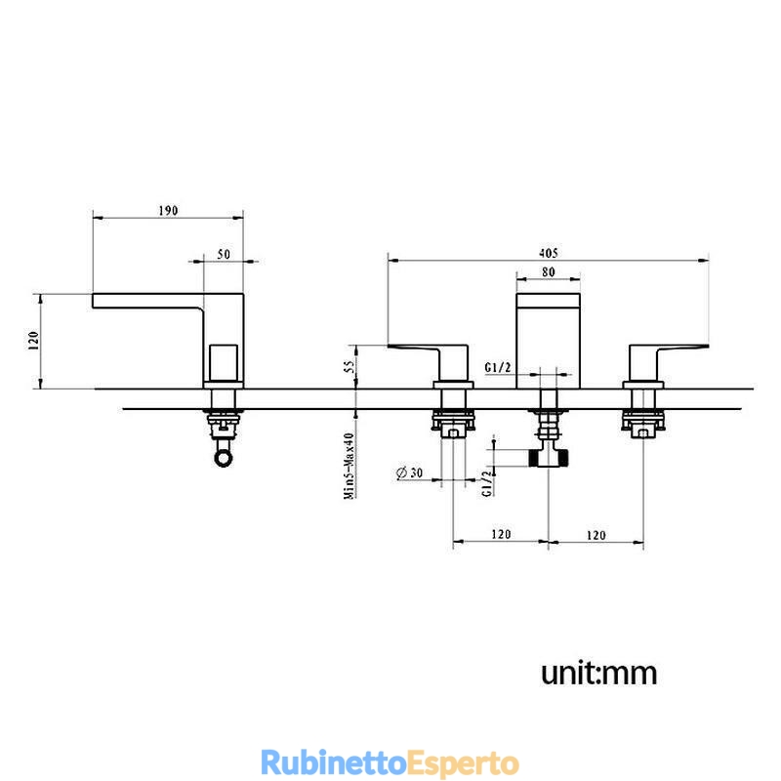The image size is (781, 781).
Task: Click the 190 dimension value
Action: click(168, 211)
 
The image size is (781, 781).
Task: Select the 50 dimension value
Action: click(224, 254)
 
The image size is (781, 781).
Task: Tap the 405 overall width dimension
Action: click(549, 253)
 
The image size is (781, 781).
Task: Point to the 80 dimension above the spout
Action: click(549, 272)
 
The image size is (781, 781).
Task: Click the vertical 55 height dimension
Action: click(350, 367)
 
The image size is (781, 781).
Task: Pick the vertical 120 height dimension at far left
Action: click(34, 340)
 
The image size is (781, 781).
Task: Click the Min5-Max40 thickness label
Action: click(349, 466)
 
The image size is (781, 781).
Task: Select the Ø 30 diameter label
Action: click(409, 472)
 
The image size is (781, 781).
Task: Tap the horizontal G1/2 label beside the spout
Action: click(498, 368)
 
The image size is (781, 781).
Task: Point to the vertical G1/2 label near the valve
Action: click(489, 481)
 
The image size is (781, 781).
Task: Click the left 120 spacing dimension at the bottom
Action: click(501, 534)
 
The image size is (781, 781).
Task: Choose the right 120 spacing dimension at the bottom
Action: click(596, 535)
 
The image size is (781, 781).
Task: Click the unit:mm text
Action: click(599, 673)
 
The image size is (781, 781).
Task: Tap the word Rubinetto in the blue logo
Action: click(334, 762)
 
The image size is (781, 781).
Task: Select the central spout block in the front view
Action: click(549, 341)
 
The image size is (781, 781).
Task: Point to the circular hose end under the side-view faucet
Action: click(223, 457)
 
